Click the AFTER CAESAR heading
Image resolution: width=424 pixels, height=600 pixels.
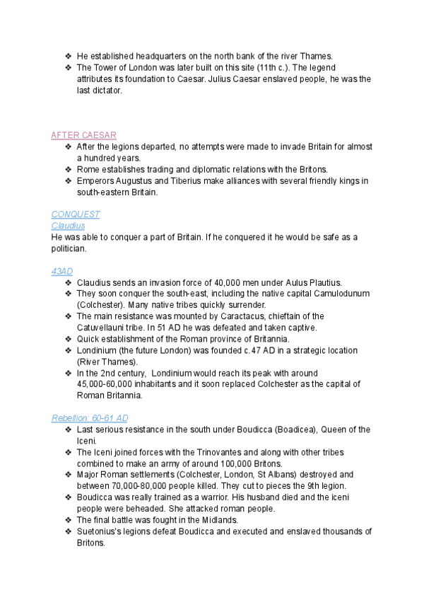[84, 135]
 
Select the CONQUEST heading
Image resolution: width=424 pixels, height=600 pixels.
[76, 214]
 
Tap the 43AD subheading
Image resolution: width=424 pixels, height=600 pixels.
[62, 271]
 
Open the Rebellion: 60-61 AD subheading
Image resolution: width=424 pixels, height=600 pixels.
[90, 418]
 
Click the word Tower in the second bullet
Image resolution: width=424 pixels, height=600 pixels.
[106, 67]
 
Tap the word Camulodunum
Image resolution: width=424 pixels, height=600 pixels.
[332, 294]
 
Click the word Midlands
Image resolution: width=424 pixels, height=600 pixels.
[216, 520]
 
